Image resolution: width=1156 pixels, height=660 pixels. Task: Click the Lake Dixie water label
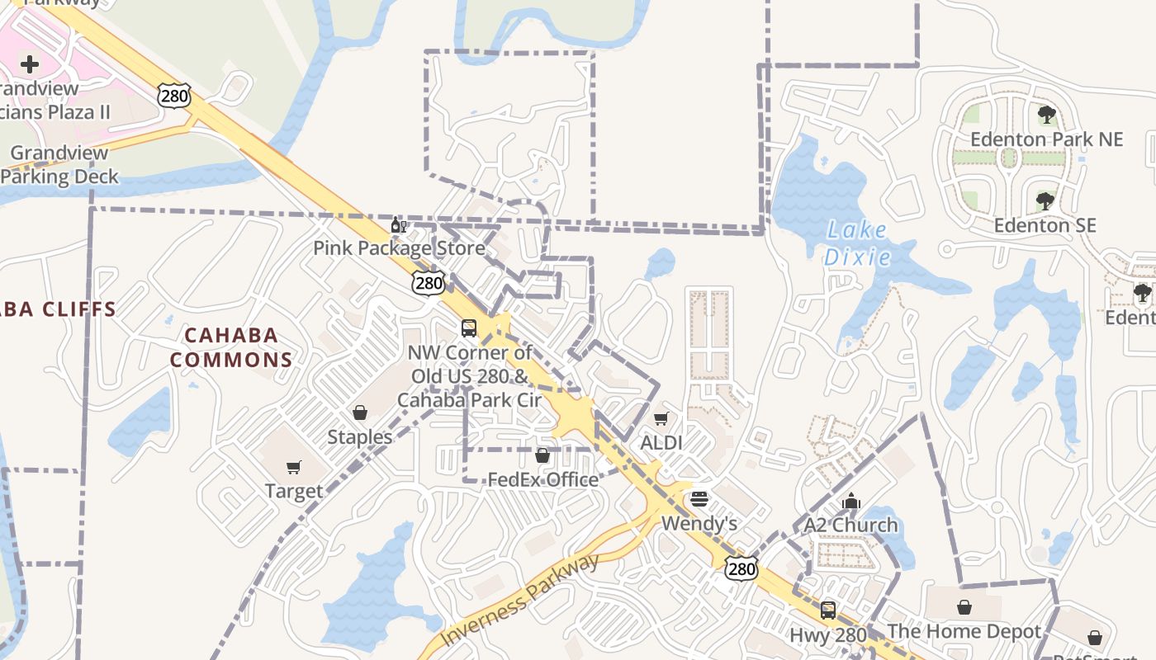click(859, 243)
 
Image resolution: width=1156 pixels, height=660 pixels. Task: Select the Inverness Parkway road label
click(519, 600)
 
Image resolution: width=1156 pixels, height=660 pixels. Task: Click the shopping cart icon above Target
click(294, 468)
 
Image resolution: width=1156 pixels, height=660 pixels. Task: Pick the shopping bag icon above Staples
click(360, 412)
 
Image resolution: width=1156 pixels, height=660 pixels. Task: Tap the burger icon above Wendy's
click(699, 499)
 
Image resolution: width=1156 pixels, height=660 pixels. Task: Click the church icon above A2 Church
click(851, 501)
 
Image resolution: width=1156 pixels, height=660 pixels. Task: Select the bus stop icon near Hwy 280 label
click(828, 610)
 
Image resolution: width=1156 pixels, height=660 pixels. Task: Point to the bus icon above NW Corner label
click(469, 328)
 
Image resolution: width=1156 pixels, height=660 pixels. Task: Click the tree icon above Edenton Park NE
click(1046, 115)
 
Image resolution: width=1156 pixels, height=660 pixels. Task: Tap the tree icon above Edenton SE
click(1045, 200)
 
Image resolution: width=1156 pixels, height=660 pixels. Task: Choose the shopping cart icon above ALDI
click(661, 418)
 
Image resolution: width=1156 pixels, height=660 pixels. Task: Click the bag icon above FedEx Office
click(542, 455)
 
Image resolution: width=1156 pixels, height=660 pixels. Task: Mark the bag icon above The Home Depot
click(964, 608)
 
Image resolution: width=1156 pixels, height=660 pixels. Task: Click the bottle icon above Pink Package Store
click(398, 225)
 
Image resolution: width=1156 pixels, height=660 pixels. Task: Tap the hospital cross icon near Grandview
click(30, 64)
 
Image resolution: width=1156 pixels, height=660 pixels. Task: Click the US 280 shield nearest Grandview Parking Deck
click(176, 97)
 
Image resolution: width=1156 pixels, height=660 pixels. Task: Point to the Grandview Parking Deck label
click(59, 164)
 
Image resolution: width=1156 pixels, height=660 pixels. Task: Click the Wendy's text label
click(699, 524)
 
